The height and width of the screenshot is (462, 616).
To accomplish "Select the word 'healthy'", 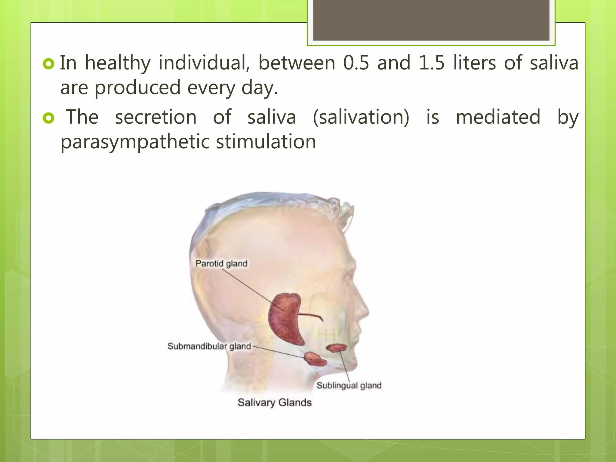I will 118,63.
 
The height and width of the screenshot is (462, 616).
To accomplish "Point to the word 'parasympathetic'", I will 134,142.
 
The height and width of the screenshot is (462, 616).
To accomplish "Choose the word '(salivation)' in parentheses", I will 361,117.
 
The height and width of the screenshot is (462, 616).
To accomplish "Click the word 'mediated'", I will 498,117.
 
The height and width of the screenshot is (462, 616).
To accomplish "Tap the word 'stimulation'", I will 266,142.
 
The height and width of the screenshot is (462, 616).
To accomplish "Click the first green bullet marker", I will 48,64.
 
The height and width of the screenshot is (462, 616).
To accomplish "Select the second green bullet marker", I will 48,118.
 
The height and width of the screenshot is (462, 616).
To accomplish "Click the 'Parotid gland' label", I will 221,263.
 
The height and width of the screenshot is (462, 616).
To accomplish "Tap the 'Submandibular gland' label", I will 209,346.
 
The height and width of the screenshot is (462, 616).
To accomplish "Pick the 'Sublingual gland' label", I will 349,385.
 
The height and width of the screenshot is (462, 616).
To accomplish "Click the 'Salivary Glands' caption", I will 274,402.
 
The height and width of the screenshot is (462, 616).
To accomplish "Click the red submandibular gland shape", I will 315,359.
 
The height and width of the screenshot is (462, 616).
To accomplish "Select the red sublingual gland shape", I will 337,348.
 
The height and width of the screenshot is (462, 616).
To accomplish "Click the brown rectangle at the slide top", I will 431,20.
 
